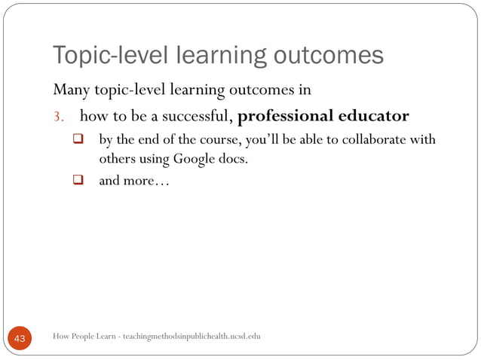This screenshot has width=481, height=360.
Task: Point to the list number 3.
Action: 57,117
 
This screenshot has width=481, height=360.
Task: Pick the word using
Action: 156,160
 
